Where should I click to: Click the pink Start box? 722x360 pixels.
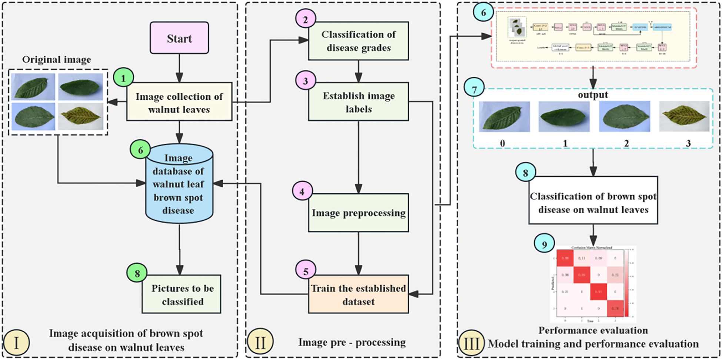tap(179, 38)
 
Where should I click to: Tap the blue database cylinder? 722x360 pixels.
tap(179, 184)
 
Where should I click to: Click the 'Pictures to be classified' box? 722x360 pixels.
tap(182, 294)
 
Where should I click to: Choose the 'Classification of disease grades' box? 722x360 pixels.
tap(358, 41)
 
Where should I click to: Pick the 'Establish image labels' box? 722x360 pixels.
tap(358, 102)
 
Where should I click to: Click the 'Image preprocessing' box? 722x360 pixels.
tap(358, 213)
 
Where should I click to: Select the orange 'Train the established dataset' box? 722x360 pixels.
tap(358, 294)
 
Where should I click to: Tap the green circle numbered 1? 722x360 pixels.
tap(123, 78)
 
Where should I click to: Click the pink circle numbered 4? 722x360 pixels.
tap(302, 191)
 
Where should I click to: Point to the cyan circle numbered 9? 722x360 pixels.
tap(544, 244)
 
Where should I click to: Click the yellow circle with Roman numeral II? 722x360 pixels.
tap(260, 342)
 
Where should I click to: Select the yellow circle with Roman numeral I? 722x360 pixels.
tap(16, 343)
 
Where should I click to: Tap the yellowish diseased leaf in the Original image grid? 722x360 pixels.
tap(81, 117)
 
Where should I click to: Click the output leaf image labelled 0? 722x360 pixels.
tap(504, 117)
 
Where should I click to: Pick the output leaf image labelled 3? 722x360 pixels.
tap(684, 117)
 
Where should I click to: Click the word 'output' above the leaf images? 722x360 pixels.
tap(593, 95)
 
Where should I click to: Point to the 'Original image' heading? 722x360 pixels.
tap(56, 60)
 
